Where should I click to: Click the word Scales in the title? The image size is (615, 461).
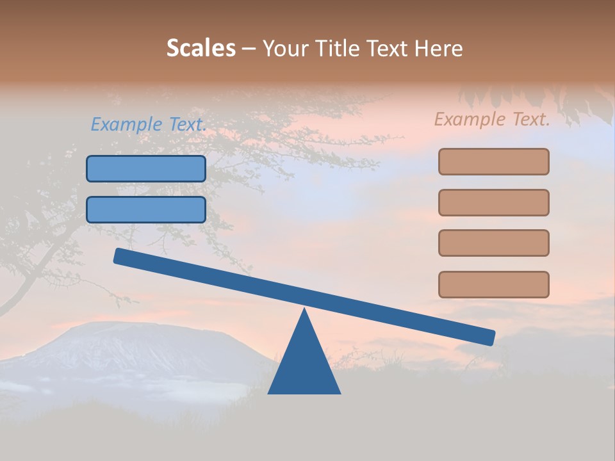coord(201,49)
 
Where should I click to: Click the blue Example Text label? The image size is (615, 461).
coord(148,124)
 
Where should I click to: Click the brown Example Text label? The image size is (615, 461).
coord(492,119)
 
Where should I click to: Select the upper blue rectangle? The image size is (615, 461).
coord(146,168)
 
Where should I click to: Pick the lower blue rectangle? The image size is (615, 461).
coord(146,209)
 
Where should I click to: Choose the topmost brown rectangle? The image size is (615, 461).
coord(493,161)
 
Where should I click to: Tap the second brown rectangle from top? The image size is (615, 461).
coord(493,202)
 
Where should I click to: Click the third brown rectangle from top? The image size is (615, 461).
coord(493,243)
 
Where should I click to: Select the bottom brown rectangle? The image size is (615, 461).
coord(493,284)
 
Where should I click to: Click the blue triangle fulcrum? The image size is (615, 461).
coord(304,365)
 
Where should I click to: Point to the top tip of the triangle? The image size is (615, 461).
coord(304,311)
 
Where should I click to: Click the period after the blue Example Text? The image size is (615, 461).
coord(204,129)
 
